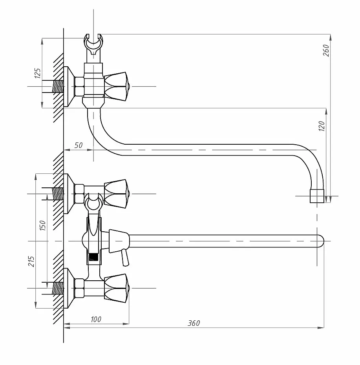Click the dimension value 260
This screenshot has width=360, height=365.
pyautogui.click(x=326, y=50)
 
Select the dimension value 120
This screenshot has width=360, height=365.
pyautogui.click(x=322, y=126)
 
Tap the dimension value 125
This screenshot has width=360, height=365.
pyautogui.click(x=38, y=73)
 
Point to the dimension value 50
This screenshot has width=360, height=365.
pyautogui.click(x=79, y=145)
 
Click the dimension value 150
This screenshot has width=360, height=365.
pyautogui.click(x=43, y=225)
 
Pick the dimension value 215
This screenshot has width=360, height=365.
pyautogui.click(x=31, y=261)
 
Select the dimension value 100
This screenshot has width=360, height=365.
pyautogui.click(x=96, y=319)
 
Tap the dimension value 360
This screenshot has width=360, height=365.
pyautogui.click(x=194, y=323)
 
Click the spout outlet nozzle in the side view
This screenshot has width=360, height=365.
pyautogui.click(x=317, y=196)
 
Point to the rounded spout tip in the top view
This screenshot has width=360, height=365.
pyautogui.click(x=321, y=241)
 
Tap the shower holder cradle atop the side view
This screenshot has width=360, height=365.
pyautogui.click(x=93, y=43)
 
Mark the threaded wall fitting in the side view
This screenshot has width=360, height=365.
pyautogui.click(x=57, y=86)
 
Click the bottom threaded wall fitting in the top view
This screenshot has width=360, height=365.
pyautogui.click(x=57, y=288)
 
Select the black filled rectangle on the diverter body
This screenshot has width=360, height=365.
pyautogui.click(x=93, y=256)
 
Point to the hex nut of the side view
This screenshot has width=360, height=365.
pyautogui.click(x=79, y=86)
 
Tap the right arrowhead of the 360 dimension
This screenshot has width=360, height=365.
pyautogui.click(x=321, y=327)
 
